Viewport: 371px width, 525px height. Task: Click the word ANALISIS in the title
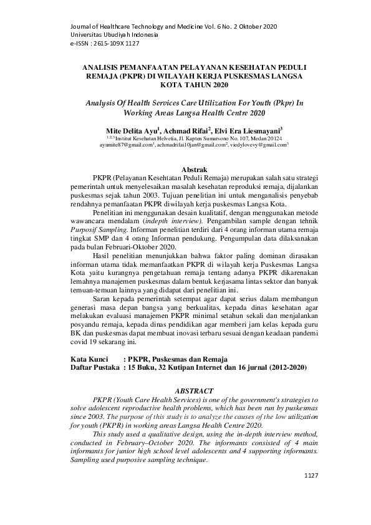[x=106, y=65]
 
